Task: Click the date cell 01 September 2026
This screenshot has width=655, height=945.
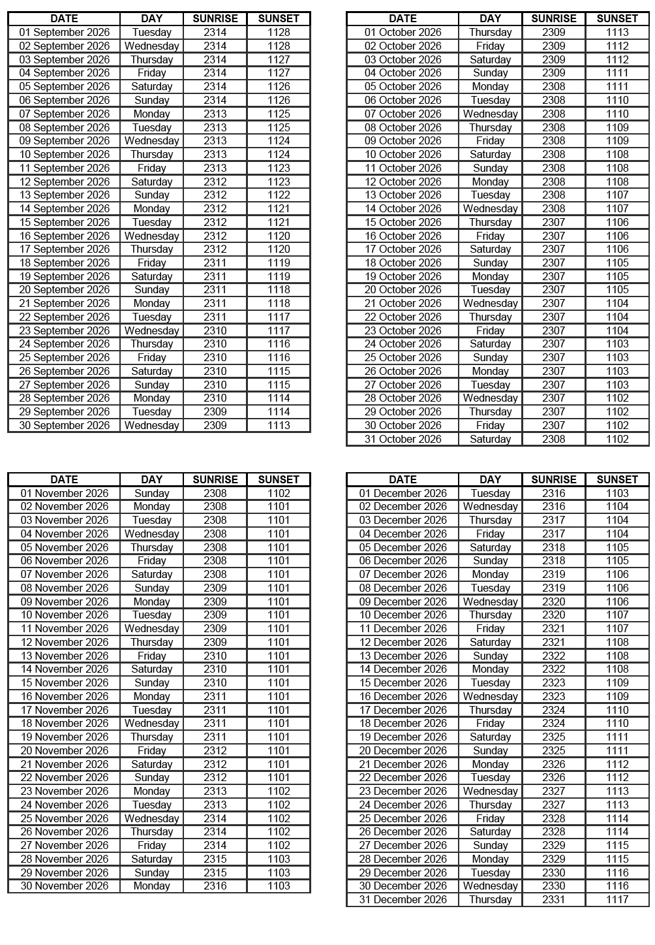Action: click(64, 32)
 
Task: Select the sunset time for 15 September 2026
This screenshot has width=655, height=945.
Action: click(279, 222)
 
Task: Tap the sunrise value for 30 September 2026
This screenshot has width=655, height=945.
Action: click(215, 425)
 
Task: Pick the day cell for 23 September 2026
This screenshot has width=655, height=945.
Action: click(151, 330)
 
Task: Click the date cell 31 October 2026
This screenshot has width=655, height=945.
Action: click(403, 439)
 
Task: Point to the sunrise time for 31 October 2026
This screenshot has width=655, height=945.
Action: click(553, 439)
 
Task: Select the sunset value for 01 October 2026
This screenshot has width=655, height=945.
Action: click(617, 32)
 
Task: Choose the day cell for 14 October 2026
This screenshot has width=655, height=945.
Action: click(490, 208)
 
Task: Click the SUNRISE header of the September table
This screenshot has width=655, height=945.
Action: click(215, 19)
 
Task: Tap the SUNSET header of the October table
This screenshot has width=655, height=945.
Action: click(617, 19)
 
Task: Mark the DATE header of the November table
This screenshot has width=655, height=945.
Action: click(64, 479)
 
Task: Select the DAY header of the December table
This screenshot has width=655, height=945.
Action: click(490, 479)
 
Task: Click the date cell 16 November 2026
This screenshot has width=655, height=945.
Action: click(64, 696)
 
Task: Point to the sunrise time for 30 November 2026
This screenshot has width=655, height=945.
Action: click(215, 886)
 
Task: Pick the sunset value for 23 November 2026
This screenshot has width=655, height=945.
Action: click(279, 791)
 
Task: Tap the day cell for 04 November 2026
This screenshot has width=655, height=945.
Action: click(151, 534)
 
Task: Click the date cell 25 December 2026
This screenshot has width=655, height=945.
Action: click(403, 818)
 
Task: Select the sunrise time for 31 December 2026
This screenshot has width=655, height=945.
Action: click(553, 899)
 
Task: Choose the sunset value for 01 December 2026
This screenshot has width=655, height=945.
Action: click(617, 493)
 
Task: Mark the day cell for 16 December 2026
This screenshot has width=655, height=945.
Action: click(490, 696)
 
